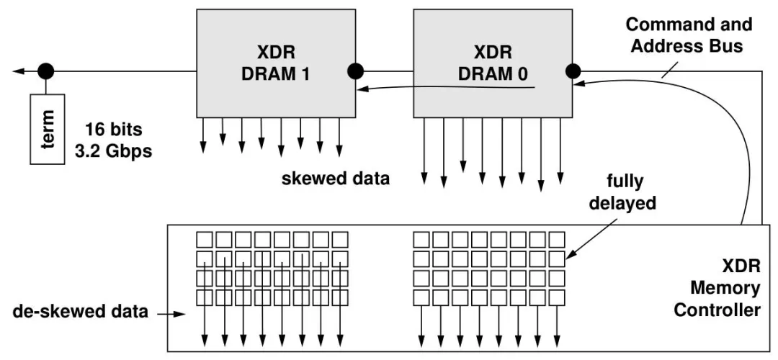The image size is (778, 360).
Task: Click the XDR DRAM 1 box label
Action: pyautogui.click(x=276, y=63)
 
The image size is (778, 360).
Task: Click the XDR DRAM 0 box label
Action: pyautogui.click(x=493, y=63)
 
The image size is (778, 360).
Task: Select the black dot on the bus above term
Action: pyautogui.click(x=46, y=71)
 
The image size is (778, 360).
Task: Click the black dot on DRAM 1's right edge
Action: pyautogui.click(x=355, y=71)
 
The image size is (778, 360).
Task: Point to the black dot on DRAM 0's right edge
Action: pyautogui.click(x=573, y=71)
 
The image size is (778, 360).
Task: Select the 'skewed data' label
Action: pyautogui.click(x=336, y=178)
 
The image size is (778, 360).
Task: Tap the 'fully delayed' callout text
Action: pyautogui.click(x=623, y=193)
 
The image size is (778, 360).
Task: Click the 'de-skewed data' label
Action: pyautogui.click(x=81, y=312)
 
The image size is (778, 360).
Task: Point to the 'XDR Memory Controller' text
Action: pyautogui.click(x=725, y=289)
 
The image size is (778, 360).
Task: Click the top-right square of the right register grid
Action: pyautogui.click(x=557, y=238)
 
